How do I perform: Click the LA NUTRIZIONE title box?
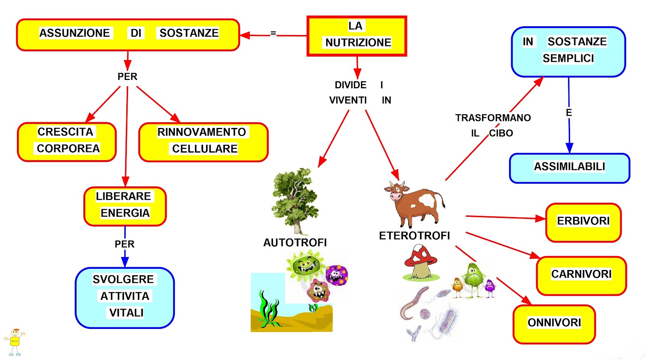357,36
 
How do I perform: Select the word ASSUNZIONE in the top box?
74,33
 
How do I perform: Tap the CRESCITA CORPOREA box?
67,142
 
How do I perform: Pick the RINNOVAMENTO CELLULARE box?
203,142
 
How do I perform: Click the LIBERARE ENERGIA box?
125,206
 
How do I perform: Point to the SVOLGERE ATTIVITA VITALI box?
125,298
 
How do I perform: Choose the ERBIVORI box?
583,222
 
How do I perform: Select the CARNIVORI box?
581,276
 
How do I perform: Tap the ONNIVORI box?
554,324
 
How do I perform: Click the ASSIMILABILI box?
570,168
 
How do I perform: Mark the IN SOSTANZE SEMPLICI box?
568,52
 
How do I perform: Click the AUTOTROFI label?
295,243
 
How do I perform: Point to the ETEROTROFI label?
414,236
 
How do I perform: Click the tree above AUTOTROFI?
295,201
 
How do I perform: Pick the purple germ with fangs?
337,275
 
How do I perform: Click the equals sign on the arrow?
273,33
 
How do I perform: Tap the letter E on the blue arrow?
569,113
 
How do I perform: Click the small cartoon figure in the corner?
15,342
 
